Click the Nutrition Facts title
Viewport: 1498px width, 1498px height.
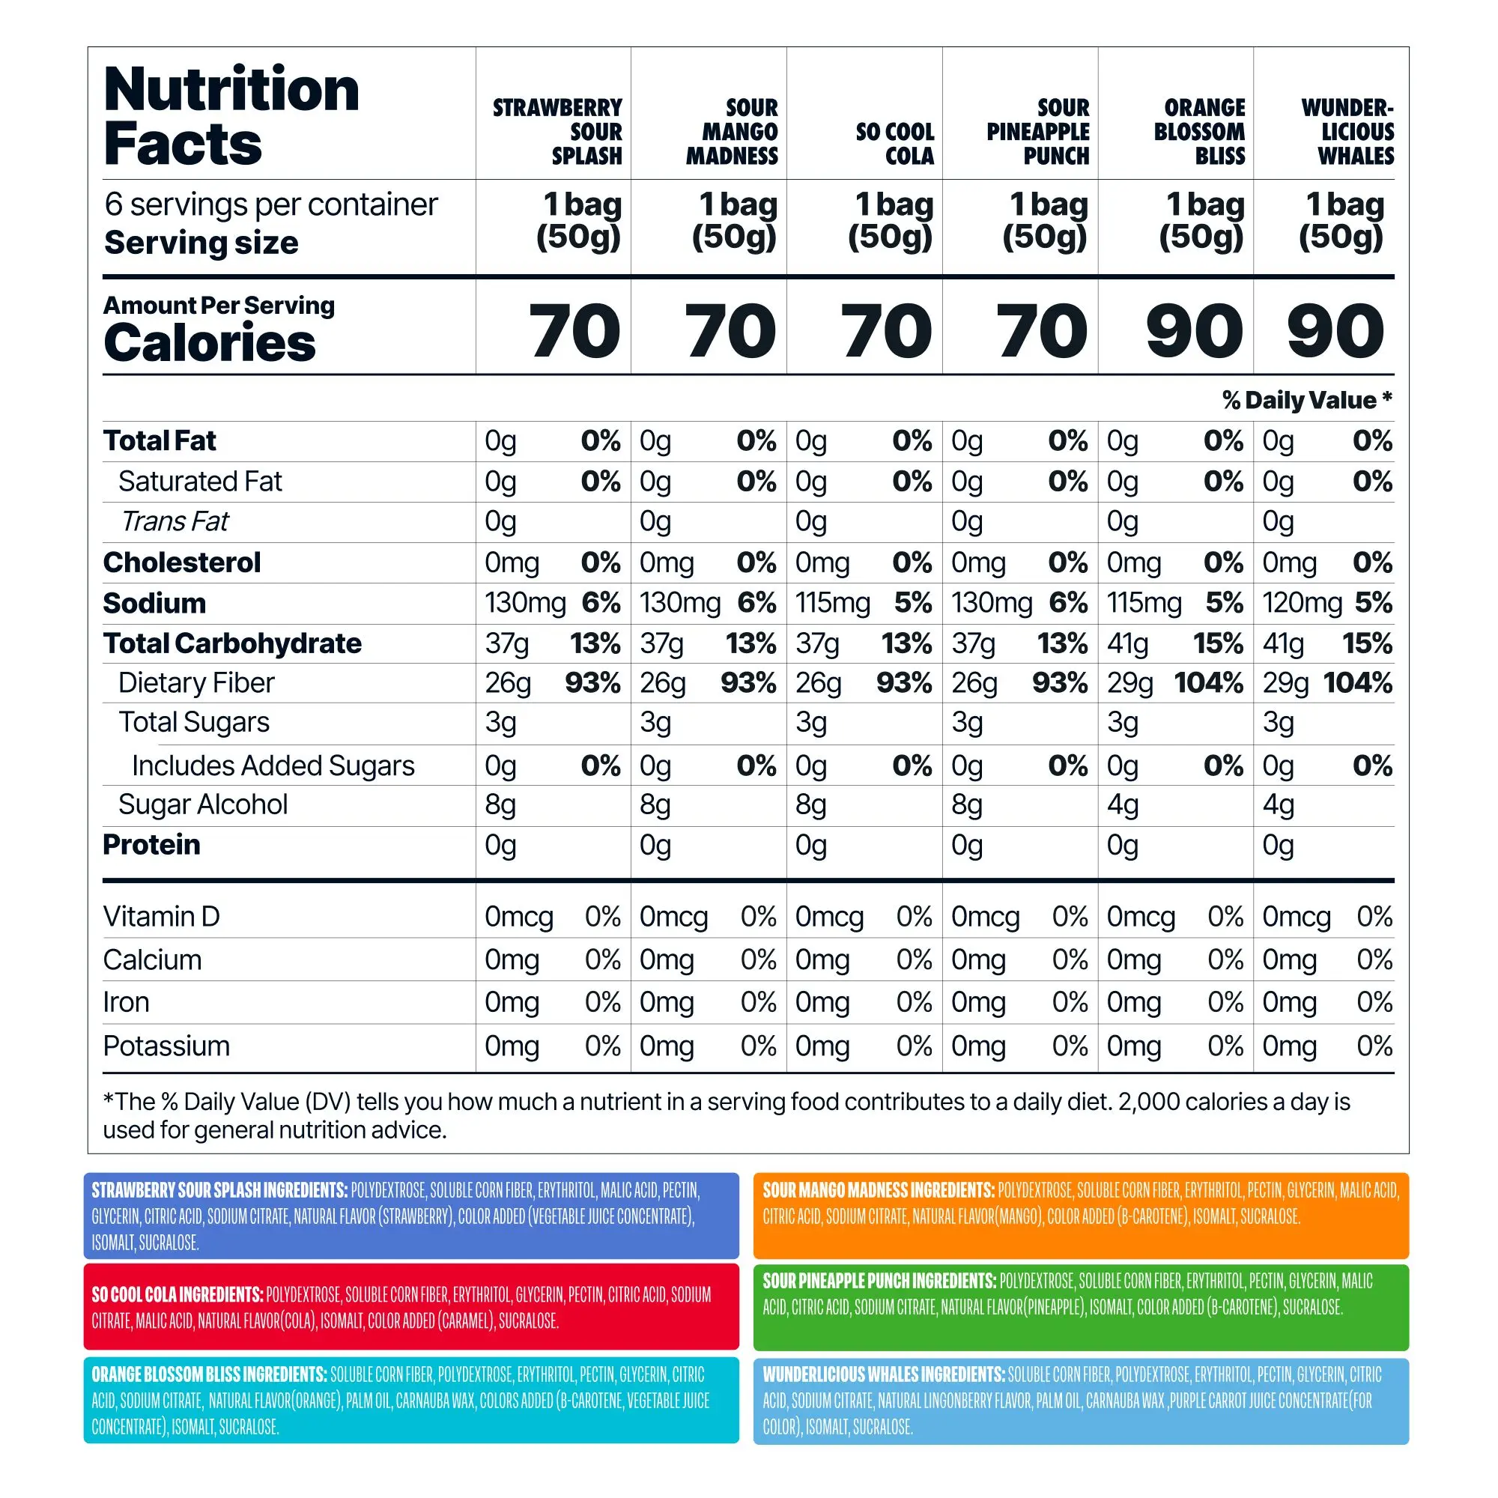[231, 116]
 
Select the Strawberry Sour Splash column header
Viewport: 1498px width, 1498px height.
[558, 132]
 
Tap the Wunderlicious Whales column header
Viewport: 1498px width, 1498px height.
[1347, 132]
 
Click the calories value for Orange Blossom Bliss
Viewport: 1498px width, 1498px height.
[1194, 331]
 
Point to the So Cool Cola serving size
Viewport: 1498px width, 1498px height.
[891, 221]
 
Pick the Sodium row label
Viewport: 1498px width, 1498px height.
[155, 603]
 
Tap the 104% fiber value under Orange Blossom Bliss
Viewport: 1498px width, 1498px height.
[1208, 683]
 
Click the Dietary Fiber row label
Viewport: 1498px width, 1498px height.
[196, 683]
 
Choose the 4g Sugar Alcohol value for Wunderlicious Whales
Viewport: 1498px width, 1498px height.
[1278, 805]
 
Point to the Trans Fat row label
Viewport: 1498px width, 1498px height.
[175, 522]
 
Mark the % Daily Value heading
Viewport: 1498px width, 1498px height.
[1307, 400]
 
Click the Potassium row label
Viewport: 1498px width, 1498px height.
[167, 1046]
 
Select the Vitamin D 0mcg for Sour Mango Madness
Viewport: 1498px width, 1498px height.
[673, 917]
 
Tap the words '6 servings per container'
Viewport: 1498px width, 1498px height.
[271, 204]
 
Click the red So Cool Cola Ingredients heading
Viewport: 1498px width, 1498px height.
[178, 1294]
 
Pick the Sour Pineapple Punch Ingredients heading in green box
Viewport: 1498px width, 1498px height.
[879, 1281]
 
